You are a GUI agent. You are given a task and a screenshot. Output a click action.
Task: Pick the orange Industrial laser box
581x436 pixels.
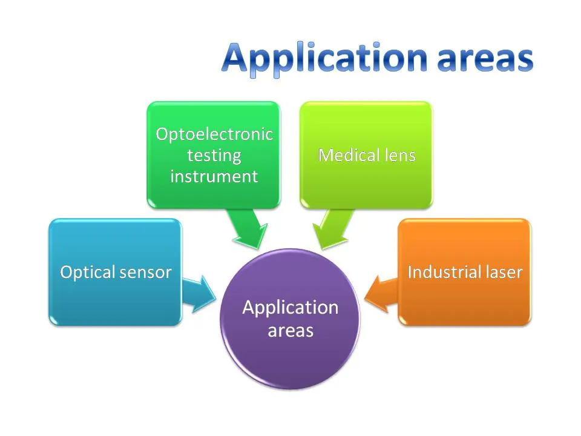click(464, 297)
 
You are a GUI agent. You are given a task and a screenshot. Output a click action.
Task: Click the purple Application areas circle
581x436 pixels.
click(290, 351)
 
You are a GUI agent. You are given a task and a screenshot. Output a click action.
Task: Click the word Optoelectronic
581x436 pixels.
click(214, 134)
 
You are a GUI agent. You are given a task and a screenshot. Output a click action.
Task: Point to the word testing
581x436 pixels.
click(214, 155)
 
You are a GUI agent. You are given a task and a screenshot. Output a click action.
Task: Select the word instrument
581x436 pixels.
click(214, 176)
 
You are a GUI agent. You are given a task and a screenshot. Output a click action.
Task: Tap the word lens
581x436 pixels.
click(400, 155)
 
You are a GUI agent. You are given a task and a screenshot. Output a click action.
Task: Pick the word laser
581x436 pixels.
click(501, 272)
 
